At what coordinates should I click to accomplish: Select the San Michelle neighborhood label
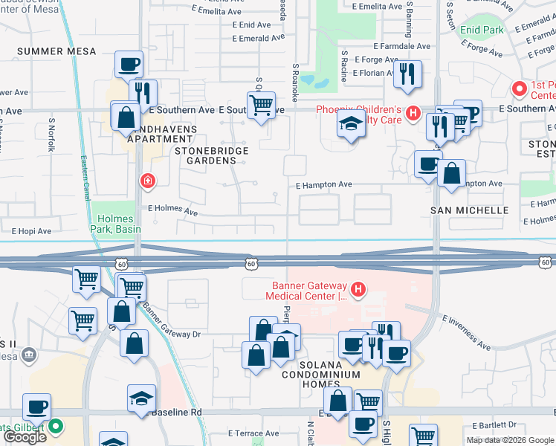pos(470,210)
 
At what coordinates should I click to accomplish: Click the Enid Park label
pos(482,30)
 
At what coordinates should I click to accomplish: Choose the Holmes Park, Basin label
pos(123,224)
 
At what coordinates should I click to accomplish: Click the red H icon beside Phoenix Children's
pos(415,114)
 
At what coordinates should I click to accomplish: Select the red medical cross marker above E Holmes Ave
pos(149,181)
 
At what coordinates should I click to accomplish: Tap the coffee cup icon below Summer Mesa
pos(129,65)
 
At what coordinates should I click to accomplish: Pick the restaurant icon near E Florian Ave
pos(407,74)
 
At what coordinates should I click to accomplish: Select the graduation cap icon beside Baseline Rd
pos(141,398)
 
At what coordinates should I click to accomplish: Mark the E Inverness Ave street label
pos(467,332)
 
